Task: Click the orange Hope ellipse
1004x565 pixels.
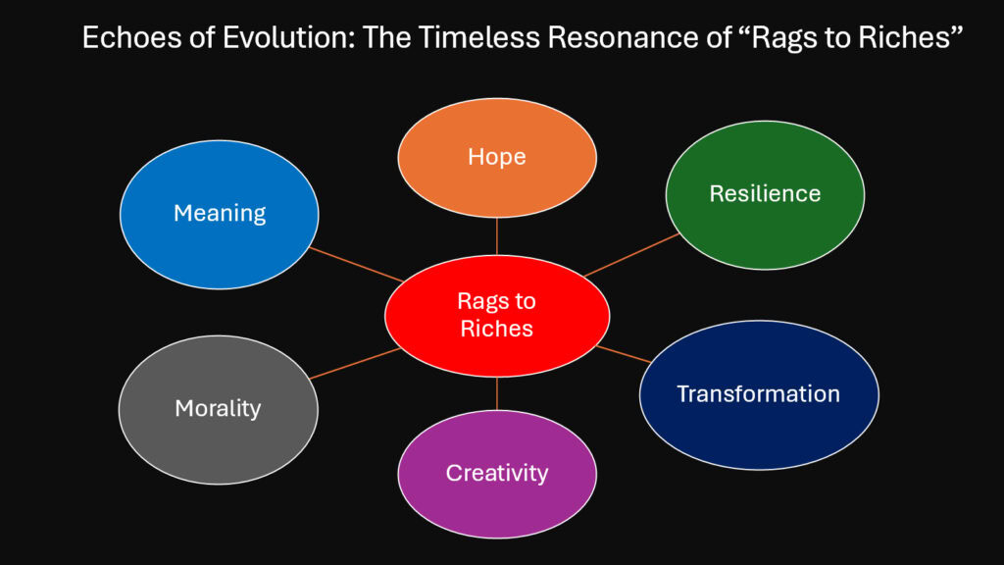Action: (496, 157)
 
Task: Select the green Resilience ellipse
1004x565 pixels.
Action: (765, 193)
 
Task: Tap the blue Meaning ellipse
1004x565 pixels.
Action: (219, 212)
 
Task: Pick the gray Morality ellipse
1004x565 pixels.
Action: (218, 407)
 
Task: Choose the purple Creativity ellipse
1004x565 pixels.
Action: (496, 473)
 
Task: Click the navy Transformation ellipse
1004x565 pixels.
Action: (758, 394)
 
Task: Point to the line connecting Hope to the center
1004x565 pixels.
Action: (497, 236)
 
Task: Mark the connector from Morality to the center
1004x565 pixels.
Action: (355, 363)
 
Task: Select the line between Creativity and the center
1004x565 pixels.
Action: (497, 393)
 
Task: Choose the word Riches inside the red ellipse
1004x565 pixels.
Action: (496, 328)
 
